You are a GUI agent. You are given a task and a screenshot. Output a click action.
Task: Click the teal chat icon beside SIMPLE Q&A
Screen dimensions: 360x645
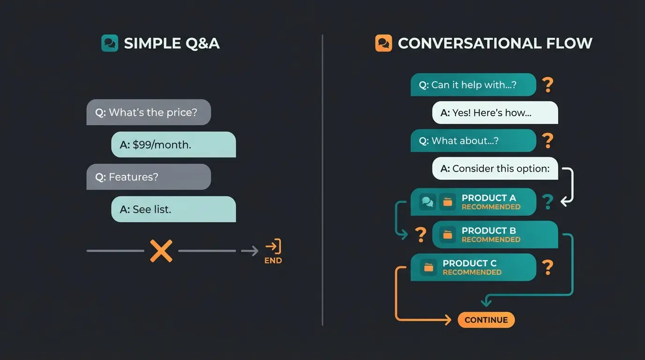click(110, 43)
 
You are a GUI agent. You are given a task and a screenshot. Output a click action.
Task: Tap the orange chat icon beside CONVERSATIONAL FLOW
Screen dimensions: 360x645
click(383, 43)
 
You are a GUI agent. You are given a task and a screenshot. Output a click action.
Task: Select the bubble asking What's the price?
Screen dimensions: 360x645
click(149, 112)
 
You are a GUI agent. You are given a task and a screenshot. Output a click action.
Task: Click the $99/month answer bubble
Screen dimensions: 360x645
click(173, 144)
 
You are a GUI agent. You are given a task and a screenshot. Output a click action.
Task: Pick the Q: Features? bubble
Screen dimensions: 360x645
click(149, 177)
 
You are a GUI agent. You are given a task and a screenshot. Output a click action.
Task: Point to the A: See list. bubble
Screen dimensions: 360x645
click(173, 209)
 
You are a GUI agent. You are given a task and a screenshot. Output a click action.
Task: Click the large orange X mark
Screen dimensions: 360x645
click(161, 251)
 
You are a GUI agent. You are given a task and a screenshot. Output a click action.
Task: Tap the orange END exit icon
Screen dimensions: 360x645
click(273, 247)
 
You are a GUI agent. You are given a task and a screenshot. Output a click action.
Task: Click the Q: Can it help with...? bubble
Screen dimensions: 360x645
click(473, 85)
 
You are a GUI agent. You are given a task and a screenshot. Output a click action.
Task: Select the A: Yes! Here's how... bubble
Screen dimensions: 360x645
click(495, 112)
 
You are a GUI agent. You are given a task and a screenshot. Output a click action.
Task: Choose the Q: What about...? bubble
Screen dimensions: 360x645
click(473, 141)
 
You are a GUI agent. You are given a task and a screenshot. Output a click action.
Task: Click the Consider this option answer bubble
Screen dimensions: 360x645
click(495, 168)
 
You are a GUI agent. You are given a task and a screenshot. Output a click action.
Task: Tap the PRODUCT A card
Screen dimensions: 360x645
click(473, 202)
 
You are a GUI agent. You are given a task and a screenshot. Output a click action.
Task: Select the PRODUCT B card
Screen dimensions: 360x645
click(495, 235)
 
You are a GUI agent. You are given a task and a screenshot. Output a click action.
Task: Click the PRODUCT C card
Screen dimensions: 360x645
click(473, 267)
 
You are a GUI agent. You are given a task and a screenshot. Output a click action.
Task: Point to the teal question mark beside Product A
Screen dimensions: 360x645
click(547, 202)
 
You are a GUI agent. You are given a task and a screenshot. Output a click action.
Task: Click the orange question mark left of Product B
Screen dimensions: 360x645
click(421, 234)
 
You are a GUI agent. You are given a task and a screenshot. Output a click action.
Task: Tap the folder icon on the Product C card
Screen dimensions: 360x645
click(428, 267)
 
